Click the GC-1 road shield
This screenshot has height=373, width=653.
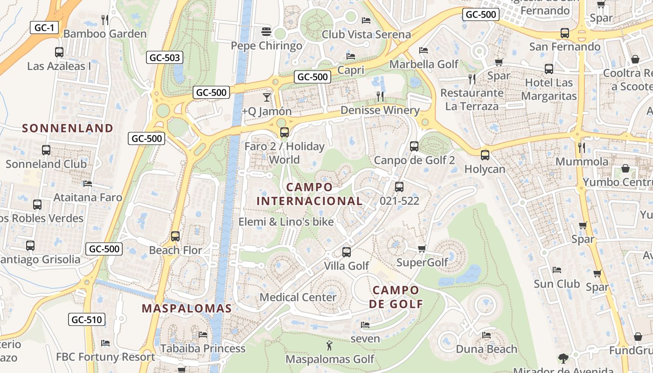(44, 28)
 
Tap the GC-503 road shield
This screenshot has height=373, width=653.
(165, 58)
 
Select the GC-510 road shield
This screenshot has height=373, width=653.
(87, 320)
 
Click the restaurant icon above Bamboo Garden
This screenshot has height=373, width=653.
(105, 20)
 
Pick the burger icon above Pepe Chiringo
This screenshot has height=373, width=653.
(266, 32)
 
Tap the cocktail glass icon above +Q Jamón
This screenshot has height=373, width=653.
(266, 97)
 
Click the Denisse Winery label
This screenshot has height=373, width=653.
(380, 111)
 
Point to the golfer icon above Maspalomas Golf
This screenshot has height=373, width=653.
(329, 346)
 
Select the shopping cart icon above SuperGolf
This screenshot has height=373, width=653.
(422, 249)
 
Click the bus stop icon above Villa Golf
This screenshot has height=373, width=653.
(347, 252)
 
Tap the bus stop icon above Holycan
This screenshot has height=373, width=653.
(485, 155)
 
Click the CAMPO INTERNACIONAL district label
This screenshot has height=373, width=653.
(310, 194)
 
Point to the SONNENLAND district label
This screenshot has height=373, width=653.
(68, 128)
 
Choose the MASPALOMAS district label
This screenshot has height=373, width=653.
(187, 308)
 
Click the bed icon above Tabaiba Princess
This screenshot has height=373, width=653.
(202, 334)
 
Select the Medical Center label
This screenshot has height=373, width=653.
(298, 297)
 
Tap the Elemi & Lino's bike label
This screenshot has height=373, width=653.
(286, 222)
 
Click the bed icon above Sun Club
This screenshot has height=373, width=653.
(556, 270)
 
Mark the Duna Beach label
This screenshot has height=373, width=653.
(486, 349)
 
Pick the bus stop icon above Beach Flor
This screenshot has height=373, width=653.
(175, 236)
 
